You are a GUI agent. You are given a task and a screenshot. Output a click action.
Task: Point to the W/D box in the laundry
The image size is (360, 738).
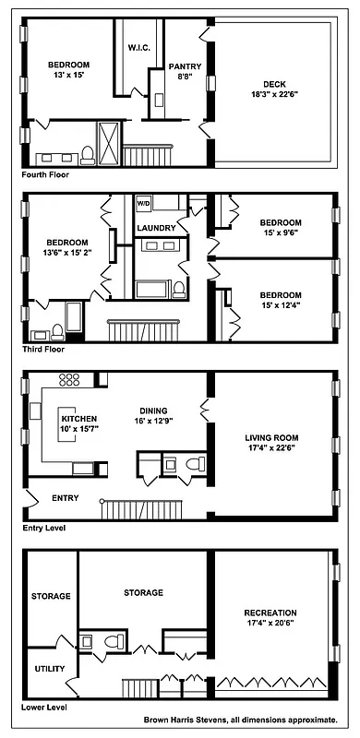coord(143,202)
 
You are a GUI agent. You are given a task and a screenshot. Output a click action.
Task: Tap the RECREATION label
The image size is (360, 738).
coord(270,613)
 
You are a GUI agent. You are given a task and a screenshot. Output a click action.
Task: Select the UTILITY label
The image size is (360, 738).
coord(48,668)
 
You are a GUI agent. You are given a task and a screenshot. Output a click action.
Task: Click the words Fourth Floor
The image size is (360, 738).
coord(46,173)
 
